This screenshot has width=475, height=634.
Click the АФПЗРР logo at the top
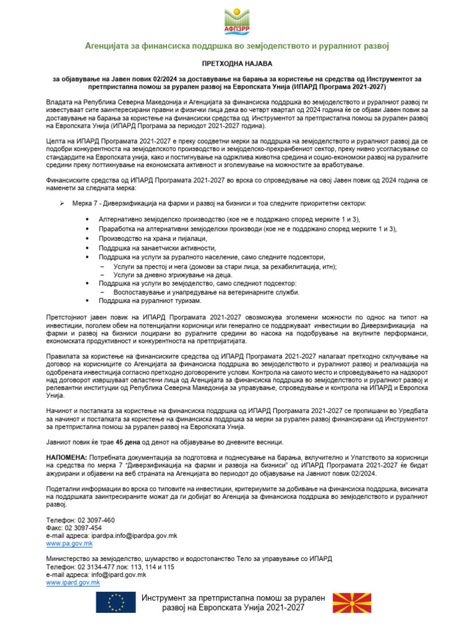(x=237, y=20)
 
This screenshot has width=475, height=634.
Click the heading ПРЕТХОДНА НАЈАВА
(x=237, y=63)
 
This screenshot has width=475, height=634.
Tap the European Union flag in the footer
(x=116, y=602)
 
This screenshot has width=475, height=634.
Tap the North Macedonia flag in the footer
(x=353, y=602)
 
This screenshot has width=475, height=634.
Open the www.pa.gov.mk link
(x=69, y=543)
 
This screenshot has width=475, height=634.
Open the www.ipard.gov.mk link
(x=73, y=583)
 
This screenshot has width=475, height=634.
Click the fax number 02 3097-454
(x=88, y=528)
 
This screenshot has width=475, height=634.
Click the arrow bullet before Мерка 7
(x=62, y=204)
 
